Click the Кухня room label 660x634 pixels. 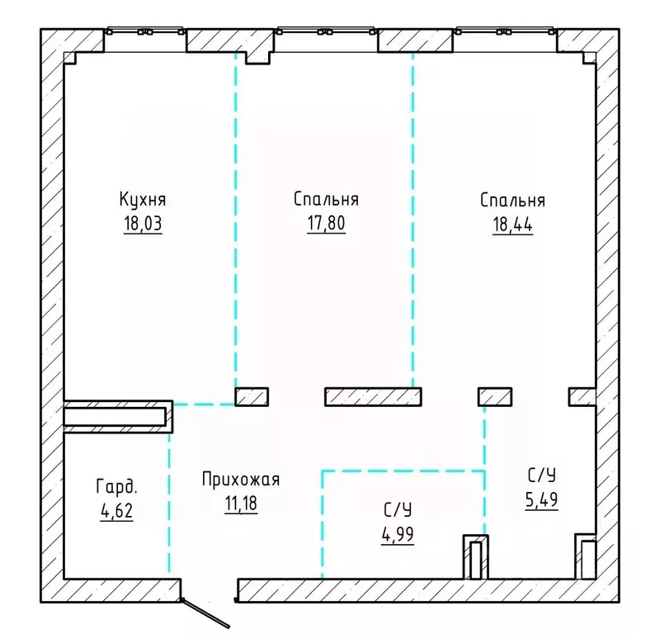tap(143, 200)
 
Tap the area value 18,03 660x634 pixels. tap(143, 223)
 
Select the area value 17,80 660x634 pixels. tap(326, 223)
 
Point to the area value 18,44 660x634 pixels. tap(512, 225)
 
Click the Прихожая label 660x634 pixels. tap(241, 480)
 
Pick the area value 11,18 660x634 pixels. tap(241, 503)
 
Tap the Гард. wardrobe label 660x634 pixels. tap(116, 487)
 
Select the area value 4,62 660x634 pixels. tap(116, 510)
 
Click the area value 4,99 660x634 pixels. tap(398, 535)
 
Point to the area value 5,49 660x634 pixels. tap(542, 499)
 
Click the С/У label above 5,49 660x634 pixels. tap(542, 475)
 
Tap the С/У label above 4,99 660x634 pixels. tap(398, 510)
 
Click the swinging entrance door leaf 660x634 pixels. tap(205, 614)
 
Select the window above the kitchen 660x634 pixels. tap(145, 31)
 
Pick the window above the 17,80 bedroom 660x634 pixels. tap(326, 31)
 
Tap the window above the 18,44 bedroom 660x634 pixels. tap(505, 31)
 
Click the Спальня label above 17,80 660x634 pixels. tap(326, 199)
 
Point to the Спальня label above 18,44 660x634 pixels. tap(512, 201)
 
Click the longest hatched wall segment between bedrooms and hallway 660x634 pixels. tap(373, 397)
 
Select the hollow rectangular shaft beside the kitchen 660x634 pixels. tap(114, 417)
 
